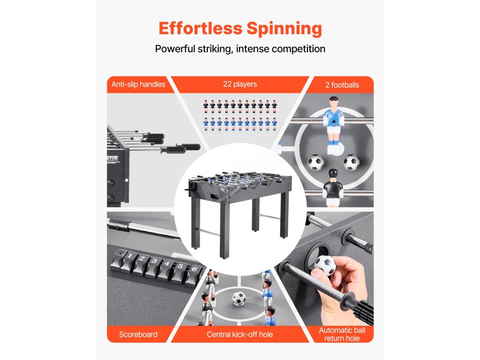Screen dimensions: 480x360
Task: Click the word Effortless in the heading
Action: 200,29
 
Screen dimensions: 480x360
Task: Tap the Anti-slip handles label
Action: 138,84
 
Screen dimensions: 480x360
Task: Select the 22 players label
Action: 240,84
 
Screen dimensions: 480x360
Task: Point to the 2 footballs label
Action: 342,85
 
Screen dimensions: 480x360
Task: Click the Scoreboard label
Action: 138,334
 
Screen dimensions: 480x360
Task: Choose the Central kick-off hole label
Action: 240,334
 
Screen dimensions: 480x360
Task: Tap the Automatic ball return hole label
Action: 342,334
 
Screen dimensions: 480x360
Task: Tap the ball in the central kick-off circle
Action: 239,298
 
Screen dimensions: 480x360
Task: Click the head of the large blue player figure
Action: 333,102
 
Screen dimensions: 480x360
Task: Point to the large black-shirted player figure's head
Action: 333,174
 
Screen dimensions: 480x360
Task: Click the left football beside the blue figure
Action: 315,162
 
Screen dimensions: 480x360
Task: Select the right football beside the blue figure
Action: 351,162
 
